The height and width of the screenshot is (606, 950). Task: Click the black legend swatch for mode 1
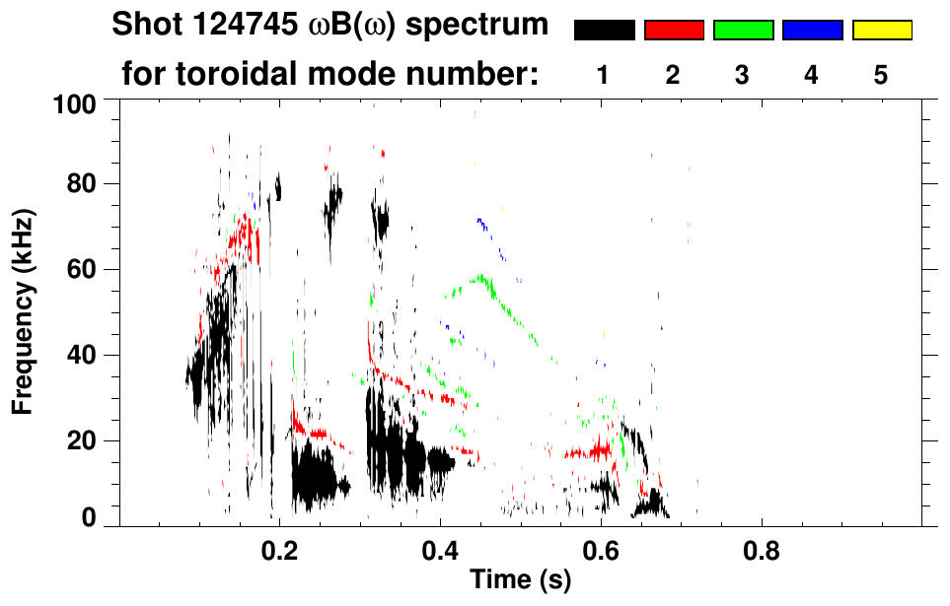604,31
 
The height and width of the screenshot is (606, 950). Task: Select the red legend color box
674,31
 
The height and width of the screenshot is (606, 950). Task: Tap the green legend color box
743,31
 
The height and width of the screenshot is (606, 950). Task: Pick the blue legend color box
812,31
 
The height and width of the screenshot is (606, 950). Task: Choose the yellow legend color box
881,31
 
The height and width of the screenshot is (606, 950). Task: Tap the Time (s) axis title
520,581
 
